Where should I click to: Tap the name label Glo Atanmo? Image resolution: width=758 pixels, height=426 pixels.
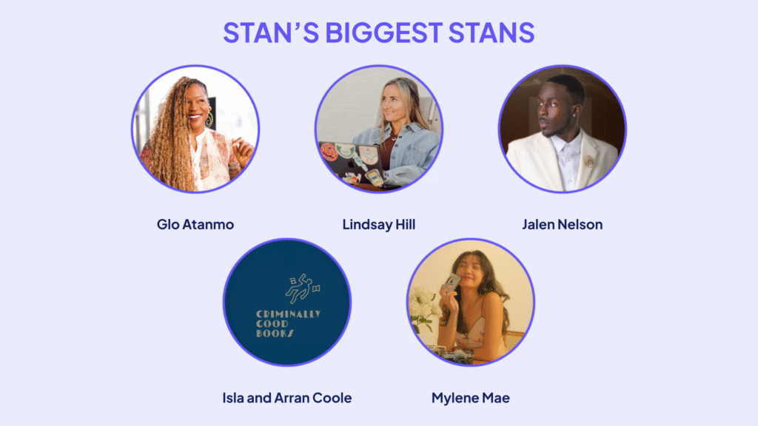click(195, 224)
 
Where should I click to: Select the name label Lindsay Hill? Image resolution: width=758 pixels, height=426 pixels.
click(378, 224)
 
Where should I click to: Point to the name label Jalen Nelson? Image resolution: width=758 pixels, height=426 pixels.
click(562, 224)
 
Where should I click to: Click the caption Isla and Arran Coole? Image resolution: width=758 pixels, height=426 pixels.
click(286, 398)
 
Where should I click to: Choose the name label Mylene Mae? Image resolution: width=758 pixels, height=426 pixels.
click(470, 398)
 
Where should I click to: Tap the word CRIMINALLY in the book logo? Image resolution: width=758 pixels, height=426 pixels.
click(287, 314)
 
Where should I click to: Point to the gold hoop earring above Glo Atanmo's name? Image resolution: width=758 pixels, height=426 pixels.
click(209, 119)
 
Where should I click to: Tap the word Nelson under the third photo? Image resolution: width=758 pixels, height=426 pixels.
click(582, 224)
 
